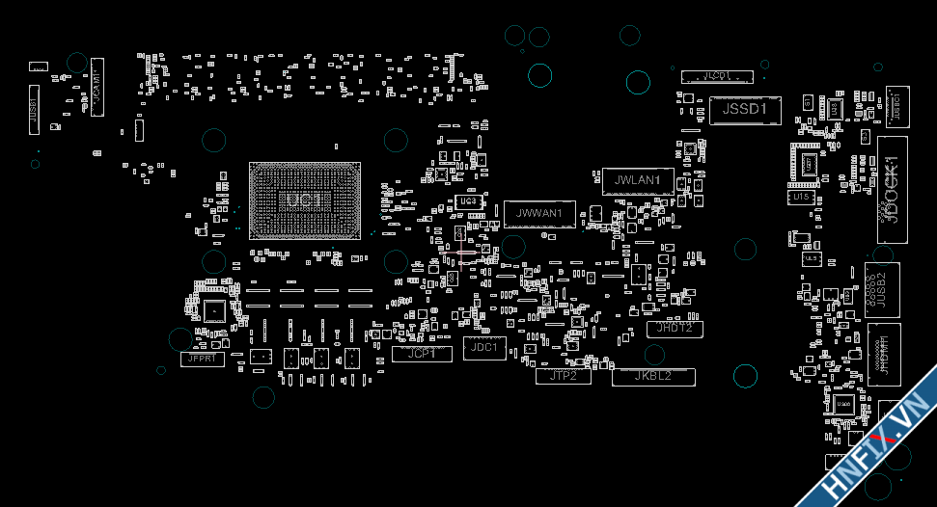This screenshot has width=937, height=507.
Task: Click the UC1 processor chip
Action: click(x=305, y=200)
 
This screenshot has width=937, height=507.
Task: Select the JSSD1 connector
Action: click(x=744, y=110)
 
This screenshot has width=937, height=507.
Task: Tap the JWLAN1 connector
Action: click(x=631, y=180)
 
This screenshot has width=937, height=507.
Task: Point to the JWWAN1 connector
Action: click(x=539, y=214)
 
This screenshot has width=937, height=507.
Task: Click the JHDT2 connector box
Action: click(x=675, y=329)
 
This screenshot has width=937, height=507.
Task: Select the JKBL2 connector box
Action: click(x=653, y=377)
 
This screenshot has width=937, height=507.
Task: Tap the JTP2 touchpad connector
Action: click(x=563, y=376)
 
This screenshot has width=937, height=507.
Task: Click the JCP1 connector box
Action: click(x=422, y=354)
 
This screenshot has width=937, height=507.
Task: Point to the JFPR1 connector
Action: click(x=203, y=360)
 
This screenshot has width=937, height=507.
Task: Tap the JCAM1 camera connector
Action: click(x=96, y=87)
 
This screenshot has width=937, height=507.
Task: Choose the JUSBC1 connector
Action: click(x=896, y=105)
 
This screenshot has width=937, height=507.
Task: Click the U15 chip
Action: click(x=800, y=197)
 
